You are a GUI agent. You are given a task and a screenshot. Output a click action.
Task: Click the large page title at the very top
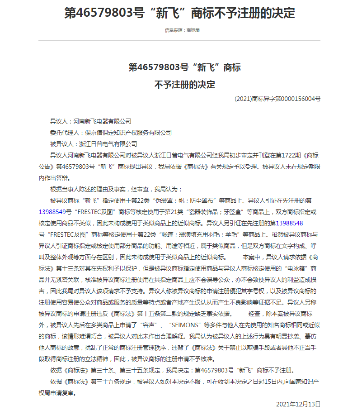[179, 12]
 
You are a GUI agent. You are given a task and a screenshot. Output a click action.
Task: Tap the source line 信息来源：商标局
[182, 30]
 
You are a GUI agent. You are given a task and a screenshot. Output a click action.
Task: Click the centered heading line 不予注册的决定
[184, 84]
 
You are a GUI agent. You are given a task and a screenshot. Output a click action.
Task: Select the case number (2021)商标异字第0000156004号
[277, 98]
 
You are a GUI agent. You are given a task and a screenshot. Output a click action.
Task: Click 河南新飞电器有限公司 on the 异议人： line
[102, 121]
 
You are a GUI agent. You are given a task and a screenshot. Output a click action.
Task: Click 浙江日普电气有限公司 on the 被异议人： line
[108, 144]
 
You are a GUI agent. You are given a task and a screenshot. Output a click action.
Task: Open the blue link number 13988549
[55, 211]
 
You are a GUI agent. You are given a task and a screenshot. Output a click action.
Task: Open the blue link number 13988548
[289, 223]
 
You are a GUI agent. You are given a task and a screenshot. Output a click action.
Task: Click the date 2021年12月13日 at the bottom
[298, 404]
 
